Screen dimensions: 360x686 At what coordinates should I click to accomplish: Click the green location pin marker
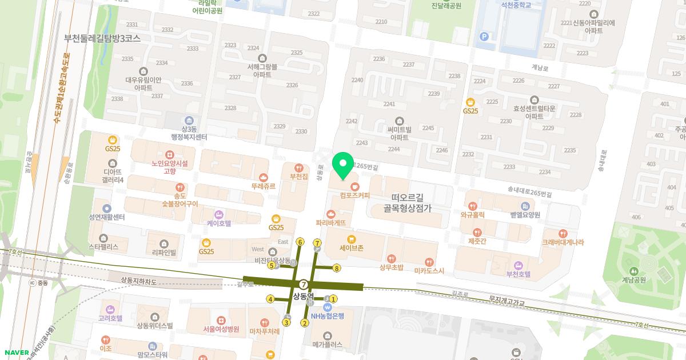pos(343,165)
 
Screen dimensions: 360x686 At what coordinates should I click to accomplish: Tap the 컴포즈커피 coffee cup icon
pos(354,186)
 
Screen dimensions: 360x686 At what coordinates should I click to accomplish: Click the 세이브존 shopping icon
pos(351,239)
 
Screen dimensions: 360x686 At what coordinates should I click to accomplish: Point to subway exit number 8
pos(337,268)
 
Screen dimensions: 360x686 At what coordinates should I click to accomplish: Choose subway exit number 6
pos(300,242)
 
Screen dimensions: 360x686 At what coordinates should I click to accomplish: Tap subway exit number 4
pos(270,298)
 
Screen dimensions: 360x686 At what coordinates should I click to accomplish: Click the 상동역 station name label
pos(304,297)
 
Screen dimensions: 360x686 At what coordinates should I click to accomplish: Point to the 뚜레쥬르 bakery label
pos(263,186)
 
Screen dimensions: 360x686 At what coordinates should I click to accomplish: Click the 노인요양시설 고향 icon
pos(170,154)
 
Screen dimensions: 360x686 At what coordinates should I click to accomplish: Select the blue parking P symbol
pos(485,37)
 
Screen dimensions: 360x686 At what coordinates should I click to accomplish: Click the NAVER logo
pos(15,352)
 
